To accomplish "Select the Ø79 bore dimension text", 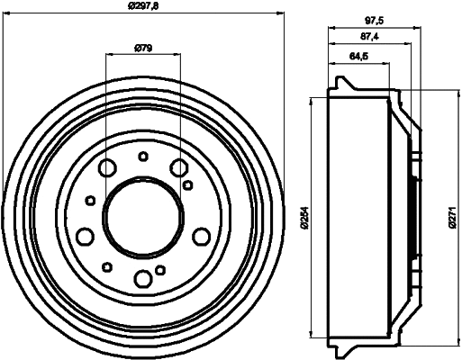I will click(142, 49).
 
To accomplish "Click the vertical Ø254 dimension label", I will click(306, 216).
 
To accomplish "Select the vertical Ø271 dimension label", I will click(453, 216).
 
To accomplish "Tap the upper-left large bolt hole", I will click(108, 167).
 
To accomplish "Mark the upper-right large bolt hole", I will click(178, 166).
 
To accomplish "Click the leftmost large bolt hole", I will click(86, 236).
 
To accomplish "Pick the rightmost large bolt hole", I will click(200, 236).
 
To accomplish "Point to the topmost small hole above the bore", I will click(142, 157).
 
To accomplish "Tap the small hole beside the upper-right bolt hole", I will click(187, 184).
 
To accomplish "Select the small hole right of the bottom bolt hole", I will click(160, 269).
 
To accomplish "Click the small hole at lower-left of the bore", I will click(107, 265).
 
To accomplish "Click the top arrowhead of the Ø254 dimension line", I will click(313, 95).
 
